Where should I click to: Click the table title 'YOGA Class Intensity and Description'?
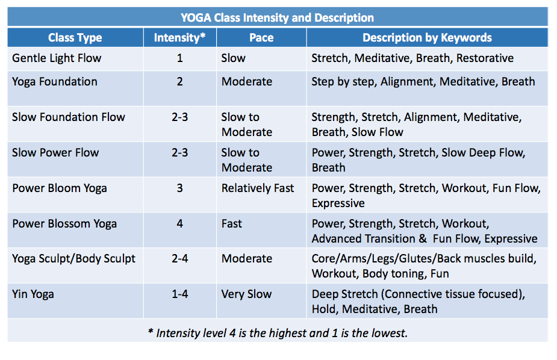278,17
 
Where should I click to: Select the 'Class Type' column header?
75,38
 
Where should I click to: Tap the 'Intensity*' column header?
180,38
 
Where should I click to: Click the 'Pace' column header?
261,38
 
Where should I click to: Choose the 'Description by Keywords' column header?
427,38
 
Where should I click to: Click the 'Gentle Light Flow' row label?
57,58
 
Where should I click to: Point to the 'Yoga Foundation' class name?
55,82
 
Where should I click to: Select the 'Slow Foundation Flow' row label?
69,117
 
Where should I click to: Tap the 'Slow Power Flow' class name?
55,152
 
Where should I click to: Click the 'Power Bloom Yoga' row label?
60,188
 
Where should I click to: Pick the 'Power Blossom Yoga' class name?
64,223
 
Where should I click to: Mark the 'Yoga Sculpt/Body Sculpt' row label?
74,259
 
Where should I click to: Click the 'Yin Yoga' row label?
33,294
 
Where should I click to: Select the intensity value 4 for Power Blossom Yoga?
180,223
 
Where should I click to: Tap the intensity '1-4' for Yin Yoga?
180,294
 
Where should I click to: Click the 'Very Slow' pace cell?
247,294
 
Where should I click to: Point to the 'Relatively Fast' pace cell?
258,188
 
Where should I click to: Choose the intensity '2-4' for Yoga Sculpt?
180,259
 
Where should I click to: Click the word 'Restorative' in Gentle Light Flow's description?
485,58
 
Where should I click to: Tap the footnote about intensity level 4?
278,332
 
